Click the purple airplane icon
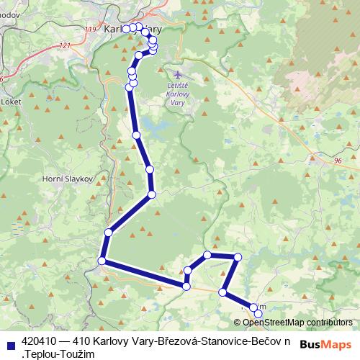179,74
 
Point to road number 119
89,29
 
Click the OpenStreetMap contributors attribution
297,322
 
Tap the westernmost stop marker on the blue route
102,261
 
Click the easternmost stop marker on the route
258,313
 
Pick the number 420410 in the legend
41,340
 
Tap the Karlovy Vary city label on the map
132,30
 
